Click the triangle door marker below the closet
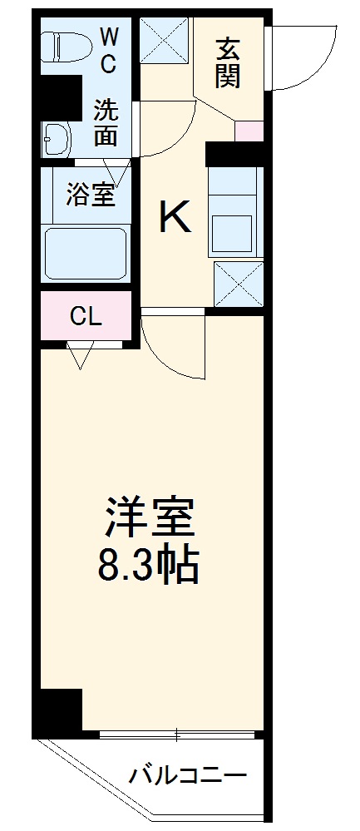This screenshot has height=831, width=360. pos(80,357)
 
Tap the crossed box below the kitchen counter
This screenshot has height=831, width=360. pos(239,284)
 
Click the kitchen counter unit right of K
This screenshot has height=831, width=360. pos(235,212)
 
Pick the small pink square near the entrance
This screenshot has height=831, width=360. pos(249,131)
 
